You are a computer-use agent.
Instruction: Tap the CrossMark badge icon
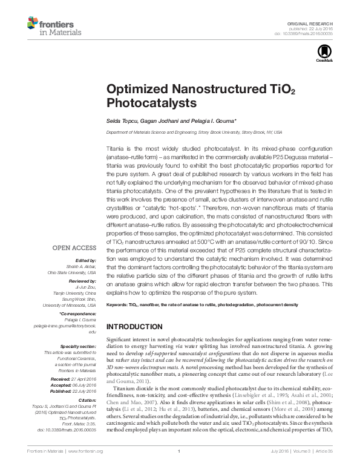(x=320, y=55)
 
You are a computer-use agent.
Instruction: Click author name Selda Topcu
(x=123, y=120)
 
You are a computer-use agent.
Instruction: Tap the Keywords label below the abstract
(x=117, y=304)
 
